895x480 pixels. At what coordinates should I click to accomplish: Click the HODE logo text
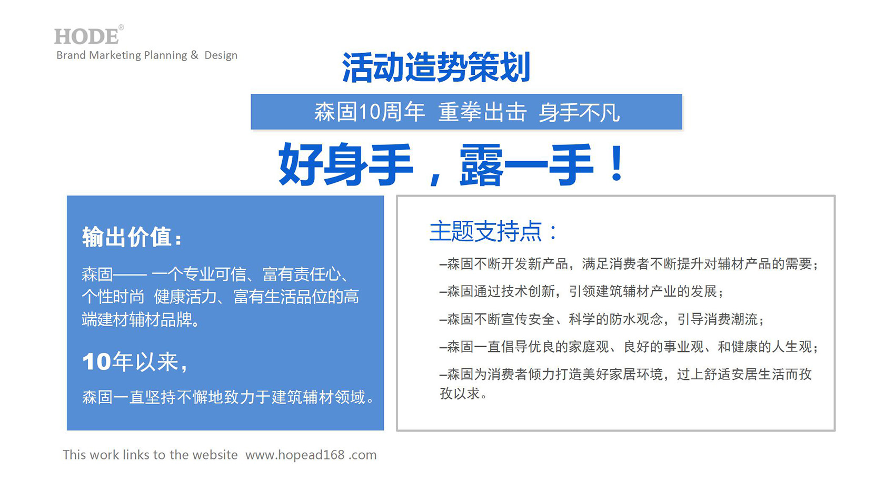pos(87,36)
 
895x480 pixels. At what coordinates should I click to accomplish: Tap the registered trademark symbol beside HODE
pos(121,27)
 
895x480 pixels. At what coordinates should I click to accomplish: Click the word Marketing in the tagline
pos(115,55)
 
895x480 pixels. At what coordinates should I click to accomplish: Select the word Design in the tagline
pos(221,55)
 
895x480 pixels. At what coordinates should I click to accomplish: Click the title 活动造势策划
pos(436,67)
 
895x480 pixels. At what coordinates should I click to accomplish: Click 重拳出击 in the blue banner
pos(483,112)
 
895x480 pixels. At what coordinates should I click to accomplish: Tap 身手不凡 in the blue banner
pos(579,112)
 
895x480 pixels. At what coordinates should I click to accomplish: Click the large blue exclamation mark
pos(617,163)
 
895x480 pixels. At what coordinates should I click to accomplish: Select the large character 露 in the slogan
pos(482,164)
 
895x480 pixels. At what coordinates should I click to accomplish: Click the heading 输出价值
pos(132,237)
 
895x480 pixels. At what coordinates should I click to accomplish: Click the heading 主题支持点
pos(493,231)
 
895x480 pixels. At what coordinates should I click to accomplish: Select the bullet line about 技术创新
pos(582,291)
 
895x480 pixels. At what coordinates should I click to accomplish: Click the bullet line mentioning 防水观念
pos(602,319)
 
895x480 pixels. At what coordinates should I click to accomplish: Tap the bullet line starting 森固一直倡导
pos(629,346)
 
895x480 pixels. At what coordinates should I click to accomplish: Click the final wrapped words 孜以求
pos(463,394)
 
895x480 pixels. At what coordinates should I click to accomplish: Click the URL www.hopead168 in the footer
pos(295,455)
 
